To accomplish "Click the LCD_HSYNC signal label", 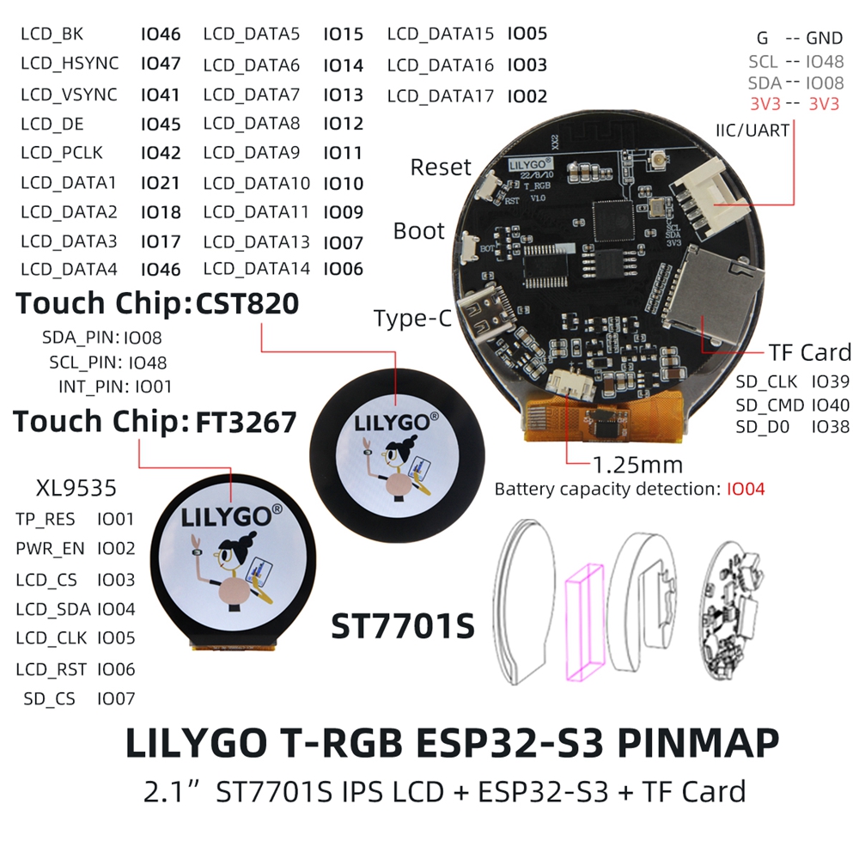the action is (70, 64).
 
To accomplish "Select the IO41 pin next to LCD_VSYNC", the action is (160, 94).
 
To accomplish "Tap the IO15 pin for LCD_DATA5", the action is (343, 34).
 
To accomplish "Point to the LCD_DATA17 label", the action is (441, 96).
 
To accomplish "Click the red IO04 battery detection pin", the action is (746, 489).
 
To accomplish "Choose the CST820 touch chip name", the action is (247, 303).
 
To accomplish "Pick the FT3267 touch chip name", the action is (246, 423).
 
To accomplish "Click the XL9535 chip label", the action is (76, 488).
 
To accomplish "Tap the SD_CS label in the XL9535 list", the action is (49, 699).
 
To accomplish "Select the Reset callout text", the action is (441, 168).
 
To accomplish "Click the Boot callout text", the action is (419, 231).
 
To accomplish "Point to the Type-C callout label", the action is (413, 319).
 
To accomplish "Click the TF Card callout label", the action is (810, 353).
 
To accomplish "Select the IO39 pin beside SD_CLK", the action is (831, 381).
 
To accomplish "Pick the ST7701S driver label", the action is (403, 626).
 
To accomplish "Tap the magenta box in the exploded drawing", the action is (585, 622).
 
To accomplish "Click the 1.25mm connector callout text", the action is (638, 465).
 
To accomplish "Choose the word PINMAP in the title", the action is (698, 743).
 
